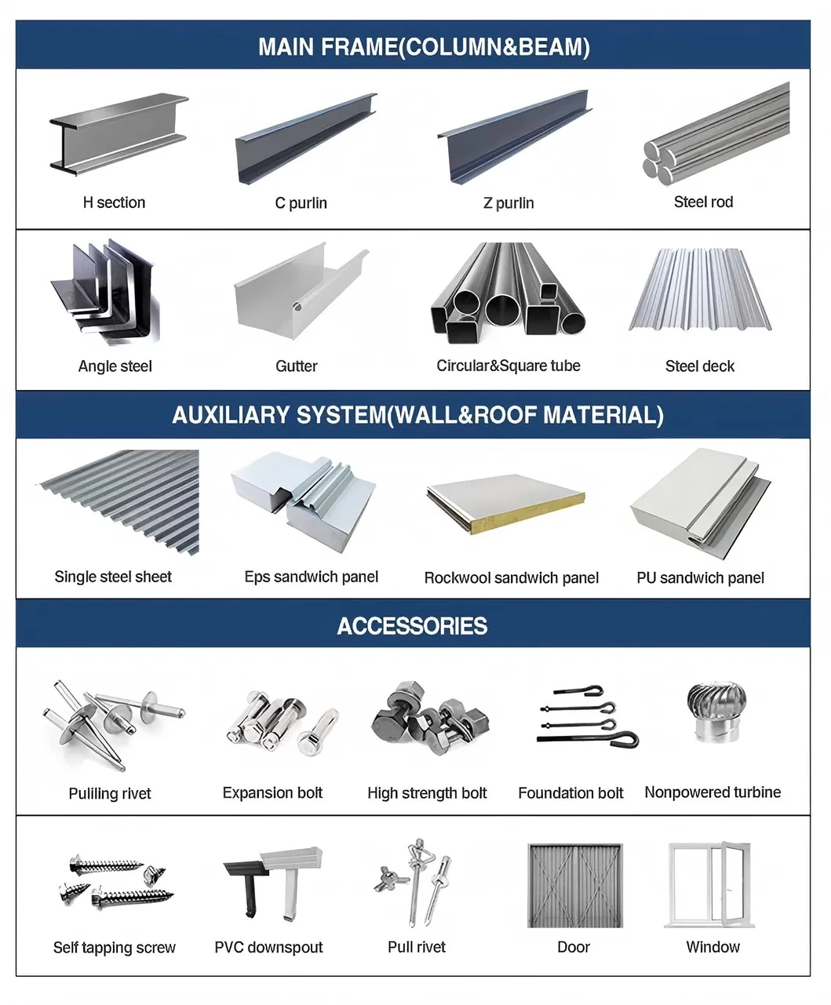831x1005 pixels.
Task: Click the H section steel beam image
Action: click(118, 134)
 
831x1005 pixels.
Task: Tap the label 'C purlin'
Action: click(301, 203)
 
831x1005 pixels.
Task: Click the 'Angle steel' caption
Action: click(115, 366)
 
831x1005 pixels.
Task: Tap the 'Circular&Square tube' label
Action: click(508, 366)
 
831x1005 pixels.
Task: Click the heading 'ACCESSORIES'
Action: click(412, 626)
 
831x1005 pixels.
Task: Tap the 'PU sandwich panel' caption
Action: click(700, 578)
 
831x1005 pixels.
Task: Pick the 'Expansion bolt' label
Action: click(272, 793)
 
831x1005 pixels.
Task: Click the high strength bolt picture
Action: click(429, 718)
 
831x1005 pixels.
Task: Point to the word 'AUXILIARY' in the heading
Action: click(228, 415)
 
